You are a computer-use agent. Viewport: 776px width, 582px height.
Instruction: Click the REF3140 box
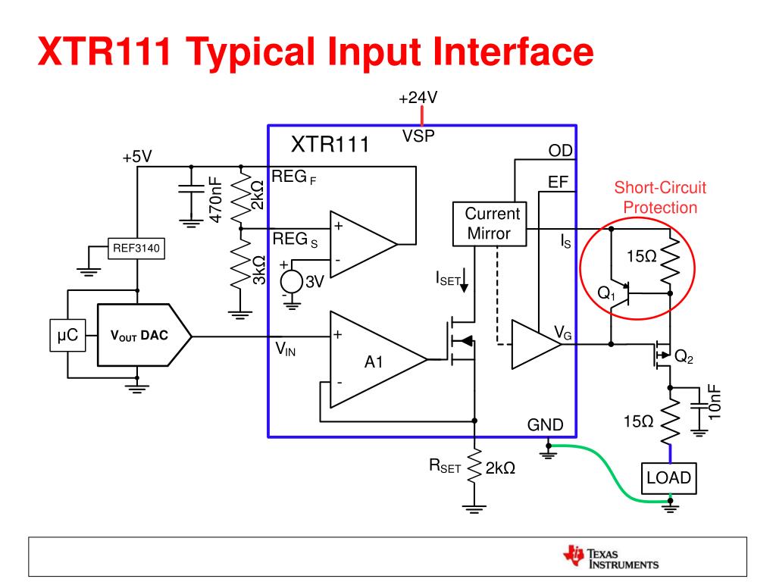click(137, 249)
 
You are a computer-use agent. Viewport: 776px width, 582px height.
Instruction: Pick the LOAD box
click(669, 478)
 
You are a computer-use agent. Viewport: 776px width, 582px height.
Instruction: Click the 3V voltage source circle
click(289, 281)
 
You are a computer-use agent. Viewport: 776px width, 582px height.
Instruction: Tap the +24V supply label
click(419, 99)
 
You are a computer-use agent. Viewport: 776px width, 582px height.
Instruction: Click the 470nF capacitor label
click(215, 199)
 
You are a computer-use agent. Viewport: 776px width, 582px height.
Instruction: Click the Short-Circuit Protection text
click(654, 197)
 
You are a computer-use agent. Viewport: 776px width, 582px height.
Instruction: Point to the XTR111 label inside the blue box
click(330, 145)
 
